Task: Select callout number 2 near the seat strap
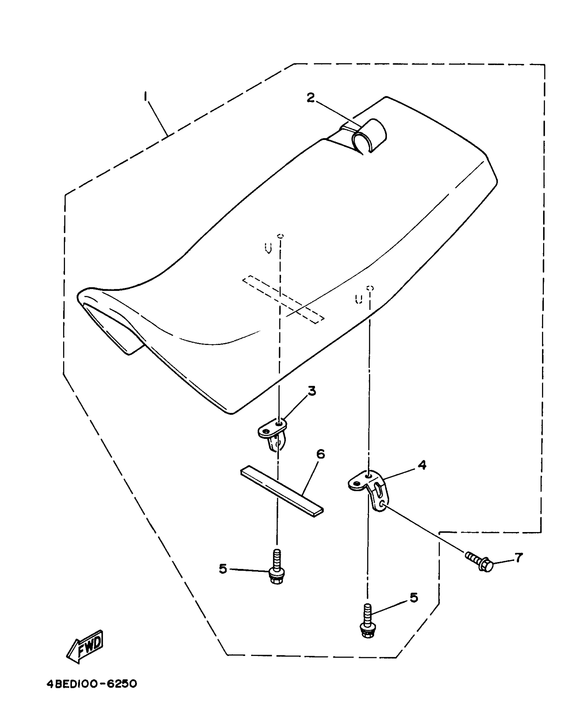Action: point(310,98)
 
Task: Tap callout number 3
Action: point(312,391)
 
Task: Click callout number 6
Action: point(320,454)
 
